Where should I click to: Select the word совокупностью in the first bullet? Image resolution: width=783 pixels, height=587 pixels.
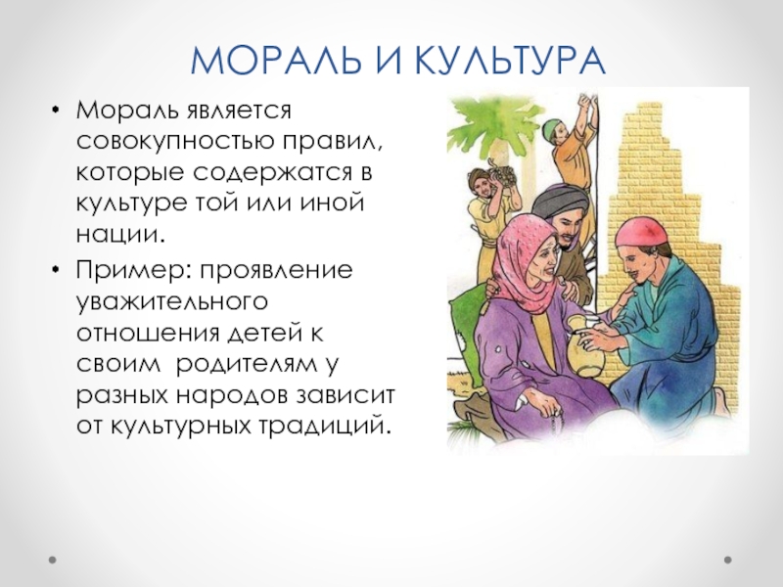tap(175, 142)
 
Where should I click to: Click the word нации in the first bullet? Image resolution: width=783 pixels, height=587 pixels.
tap(120, 235)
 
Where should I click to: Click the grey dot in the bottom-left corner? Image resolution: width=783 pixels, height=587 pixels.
tap(53, 560)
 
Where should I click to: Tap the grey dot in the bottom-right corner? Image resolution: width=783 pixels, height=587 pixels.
tap(728, 560)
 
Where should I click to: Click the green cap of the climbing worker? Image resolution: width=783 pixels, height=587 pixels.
tap(551, 126)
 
